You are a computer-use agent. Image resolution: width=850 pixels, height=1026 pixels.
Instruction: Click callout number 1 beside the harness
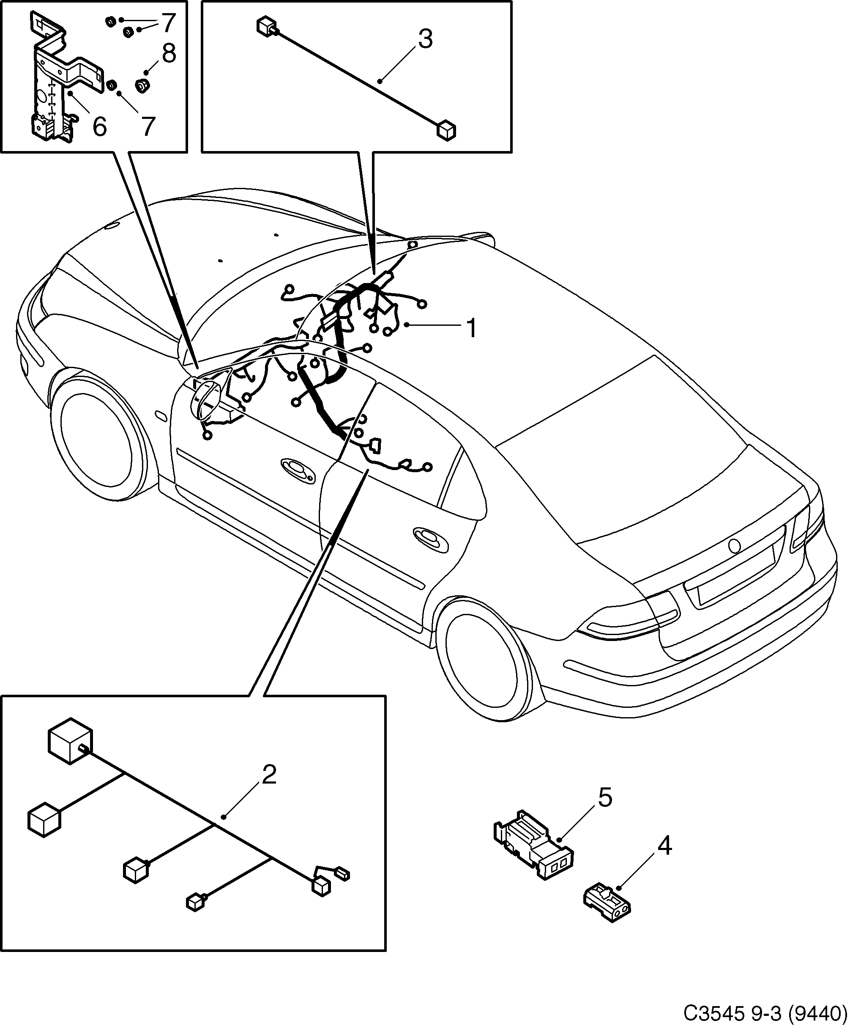[471, 328]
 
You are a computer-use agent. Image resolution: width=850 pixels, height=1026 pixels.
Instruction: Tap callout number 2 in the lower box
[269, 775]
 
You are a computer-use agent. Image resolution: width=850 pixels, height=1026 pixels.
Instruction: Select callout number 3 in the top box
[425, 39]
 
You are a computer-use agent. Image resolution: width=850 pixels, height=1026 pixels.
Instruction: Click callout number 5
[604, 798]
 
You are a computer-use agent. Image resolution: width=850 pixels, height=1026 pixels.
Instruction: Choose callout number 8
[169, 54]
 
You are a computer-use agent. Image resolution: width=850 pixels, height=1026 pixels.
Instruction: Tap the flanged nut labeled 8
[142, 86]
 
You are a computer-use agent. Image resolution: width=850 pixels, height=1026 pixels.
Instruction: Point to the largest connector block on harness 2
[70, 740]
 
